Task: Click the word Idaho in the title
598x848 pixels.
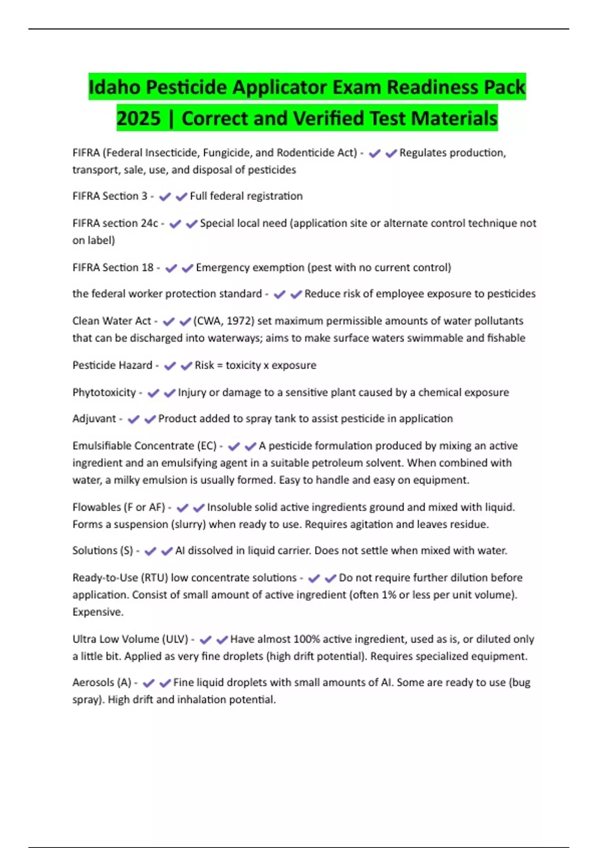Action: point(115,87)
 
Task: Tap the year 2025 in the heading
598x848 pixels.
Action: point(139,119)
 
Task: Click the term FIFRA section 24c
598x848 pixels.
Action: point(115,223)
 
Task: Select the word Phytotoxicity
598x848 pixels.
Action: point(104,393)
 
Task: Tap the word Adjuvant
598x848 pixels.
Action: point(94,419)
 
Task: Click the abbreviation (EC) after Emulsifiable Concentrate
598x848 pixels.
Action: point(207,446)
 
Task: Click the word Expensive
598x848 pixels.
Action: point(98,612)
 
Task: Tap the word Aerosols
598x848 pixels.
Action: point(93,682)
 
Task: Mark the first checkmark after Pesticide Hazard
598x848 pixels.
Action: point(170,366)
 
